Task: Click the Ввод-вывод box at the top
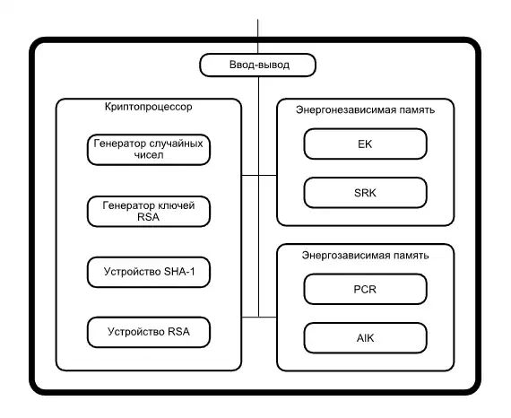(258, 65)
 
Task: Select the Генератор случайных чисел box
(150, 150)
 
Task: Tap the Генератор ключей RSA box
(150, 212)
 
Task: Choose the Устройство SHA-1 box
(150, 272)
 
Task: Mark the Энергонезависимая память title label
(366, 110)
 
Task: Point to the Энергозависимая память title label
(366, 256)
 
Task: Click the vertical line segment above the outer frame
(258, 27)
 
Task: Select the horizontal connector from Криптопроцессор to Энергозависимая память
(259, 316)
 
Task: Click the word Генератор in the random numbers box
(123, 144)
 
